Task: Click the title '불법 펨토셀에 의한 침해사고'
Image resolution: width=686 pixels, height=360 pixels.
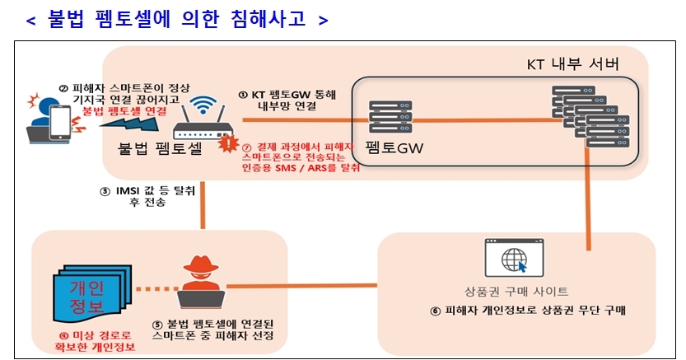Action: tap(177, 19)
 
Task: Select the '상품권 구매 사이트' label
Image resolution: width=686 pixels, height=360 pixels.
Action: tap(516, 292)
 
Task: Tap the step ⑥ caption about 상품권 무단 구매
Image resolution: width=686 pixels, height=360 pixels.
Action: tap(527, 311)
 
